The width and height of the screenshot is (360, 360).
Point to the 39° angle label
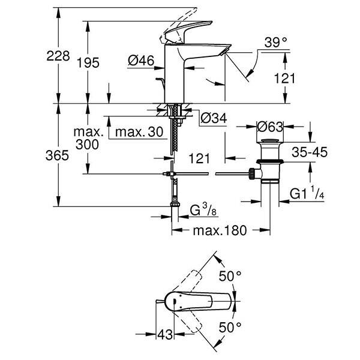click(x=276, y=42)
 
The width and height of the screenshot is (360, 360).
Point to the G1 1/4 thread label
click(x=307, y=194)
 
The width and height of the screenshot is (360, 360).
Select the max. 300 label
click(x=88, y=137)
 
